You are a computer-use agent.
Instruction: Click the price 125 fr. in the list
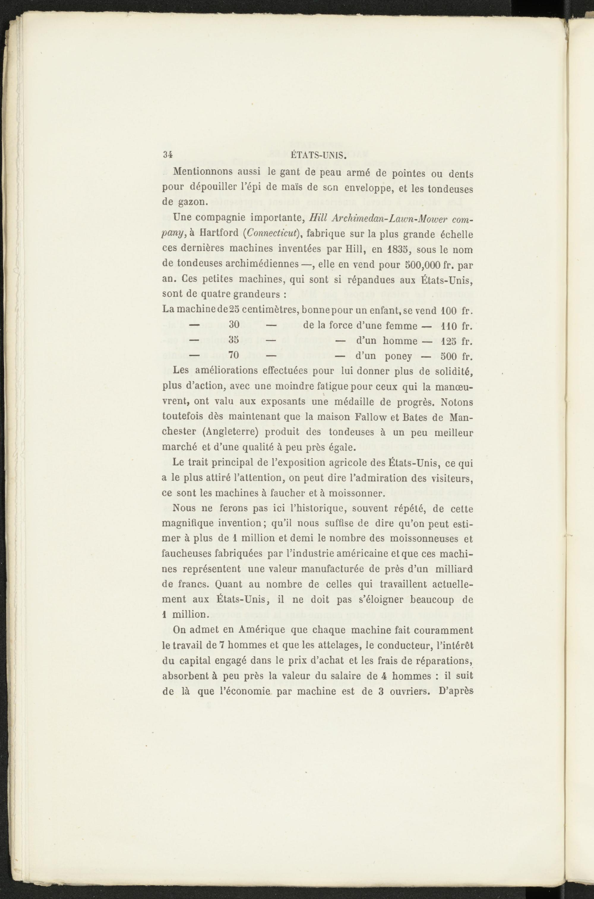[456, 341]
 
